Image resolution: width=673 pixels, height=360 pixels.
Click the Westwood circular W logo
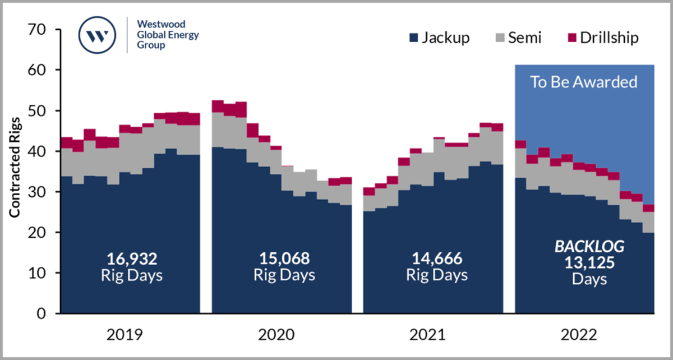[x=98, y=35]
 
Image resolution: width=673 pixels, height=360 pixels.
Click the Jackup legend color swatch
[x=413, y=38]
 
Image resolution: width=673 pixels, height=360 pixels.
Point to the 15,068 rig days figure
[x=284, y=259]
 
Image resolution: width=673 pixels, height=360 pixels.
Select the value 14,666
[x=436, y=259]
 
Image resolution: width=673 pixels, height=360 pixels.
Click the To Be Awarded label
[x=584, y=82]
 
